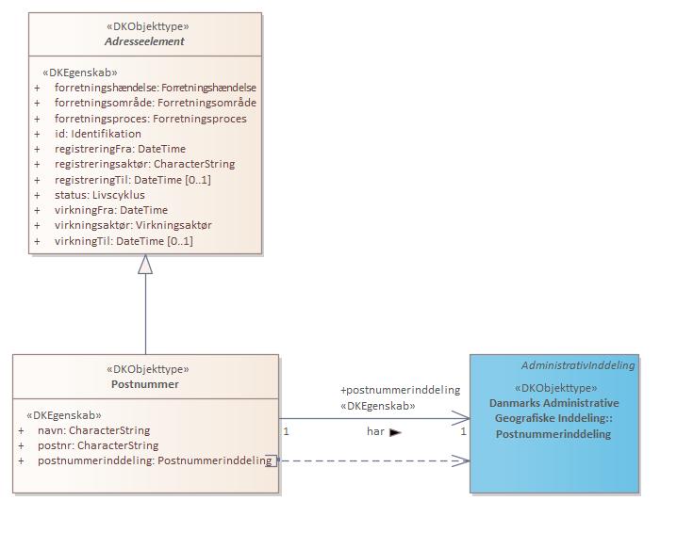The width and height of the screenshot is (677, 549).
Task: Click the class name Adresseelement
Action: pyautogui.click(x=144, y=41)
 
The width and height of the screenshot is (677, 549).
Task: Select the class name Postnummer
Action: pyautogui.click(x=145, y=384)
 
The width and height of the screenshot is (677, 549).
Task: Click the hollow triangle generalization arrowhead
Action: pyautogui.click(x=145, y=264)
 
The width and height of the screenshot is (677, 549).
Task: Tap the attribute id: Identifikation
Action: pyautogui.click(x=97, y=134)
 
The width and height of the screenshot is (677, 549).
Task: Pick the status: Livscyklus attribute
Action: pyautogui.click(x=100, y=195)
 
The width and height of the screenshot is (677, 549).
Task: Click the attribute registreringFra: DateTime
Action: pyautogui.click(x=120, y=149)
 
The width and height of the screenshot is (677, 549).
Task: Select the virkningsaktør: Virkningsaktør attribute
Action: pyautogui.click(x=133, y=225)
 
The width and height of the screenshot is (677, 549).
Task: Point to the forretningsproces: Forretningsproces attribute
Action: pyautogui.click(x=151, y=119)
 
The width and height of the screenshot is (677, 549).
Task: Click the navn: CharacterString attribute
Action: pyautogui.click(x=93, y=430)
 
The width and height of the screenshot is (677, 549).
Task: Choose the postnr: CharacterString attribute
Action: pyautogui.click(x=98, y=445)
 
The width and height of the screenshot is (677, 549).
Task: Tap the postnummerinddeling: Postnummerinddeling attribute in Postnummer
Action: pyautogui.click(x=155, y=460)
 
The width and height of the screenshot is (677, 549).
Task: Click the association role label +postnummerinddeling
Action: pyautogui.click(x=400, y=390)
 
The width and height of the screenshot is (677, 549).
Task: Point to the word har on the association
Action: pyautogui.click(x=375, y=431)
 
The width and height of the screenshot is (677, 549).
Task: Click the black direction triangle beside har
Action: pyautogui.click(x=395, y=432)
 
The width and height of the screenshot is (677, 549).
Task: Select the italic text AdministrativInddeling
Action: pyautogui.click(x=578, y=365)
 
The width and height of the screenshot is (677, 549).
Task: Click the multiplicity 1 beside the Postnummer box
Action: pyautogui.click(x=286, y=431)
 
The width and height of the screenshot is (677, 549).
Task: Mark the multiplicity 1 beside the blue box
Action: pyautogui.click(x=463, y=431)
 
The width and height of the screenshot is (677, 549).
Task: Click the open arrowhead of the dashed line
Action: pyautogui.click(x=461, y=460)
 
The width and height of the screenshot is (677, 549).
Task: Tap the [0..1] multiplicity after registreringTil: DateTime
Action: pyautogui.click(x=198, y=180)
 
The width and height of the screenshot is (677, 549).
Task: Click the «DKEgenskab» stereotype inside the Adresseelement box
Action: pyautogui.click(x=80, y=73)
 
